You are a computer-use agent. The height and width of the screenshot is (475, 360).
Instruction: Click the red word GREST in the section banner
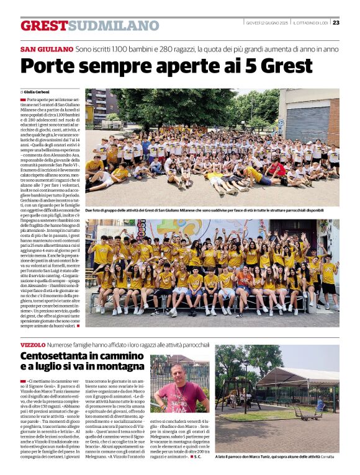click(x=44, y=25)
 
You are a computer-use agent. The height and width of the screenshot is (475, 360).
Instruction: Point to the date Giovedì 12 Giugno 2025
click(x=267, y=22)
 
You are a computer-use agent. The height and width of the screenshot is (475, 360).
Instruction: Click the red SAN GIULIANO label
click(x=47, y=49)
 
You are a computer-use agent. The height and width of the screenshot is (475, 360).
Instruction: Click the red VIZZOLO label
click(x=33, y=344)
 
